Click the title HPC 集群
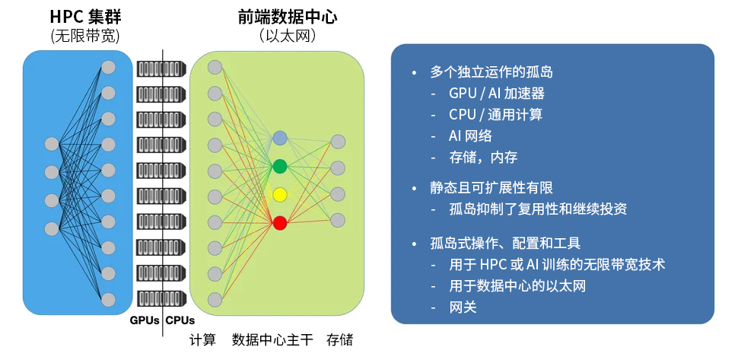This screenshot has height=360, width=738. pyautogui.click(x=85, y=17)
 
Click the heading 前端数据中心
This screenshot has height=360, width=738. pyautogui.click(x=277, y=17)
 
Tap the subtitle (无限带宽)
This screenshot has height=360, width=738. pyautogui.click(x=85, y=36)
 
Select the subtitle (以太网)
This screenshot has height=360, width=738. pyautogui.click(x=277, y=36)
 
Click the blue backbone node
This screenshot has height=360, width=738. pyautogui.click(x=280, y=138)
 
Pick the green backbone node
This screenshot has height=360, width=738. pyautogui.click(x=280, y=166)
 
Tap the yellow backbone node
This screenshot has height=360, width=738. pyautogui.click(x=280, y=194)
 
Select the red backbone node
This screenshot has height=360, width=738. pyautogui.click(x=280, y=223)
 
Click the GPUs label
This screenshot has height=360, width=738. pyautogui.click(x=144, y=320)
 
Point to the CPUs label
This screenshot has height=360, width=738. pyautogui.click(x=180, y=320)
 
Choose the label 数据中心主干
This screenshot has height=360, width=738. pyautogui.click(x=272, y=340)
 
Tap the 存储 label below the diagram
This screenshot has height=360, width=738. pyautogui.click(x=339, y=340)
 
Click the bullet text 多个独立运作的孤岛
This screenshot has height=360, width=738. pyautogui.click(x=491, y=72)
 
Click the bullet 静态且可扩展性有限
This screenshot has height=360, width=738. pyautogui.click(x=491, y=187)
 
